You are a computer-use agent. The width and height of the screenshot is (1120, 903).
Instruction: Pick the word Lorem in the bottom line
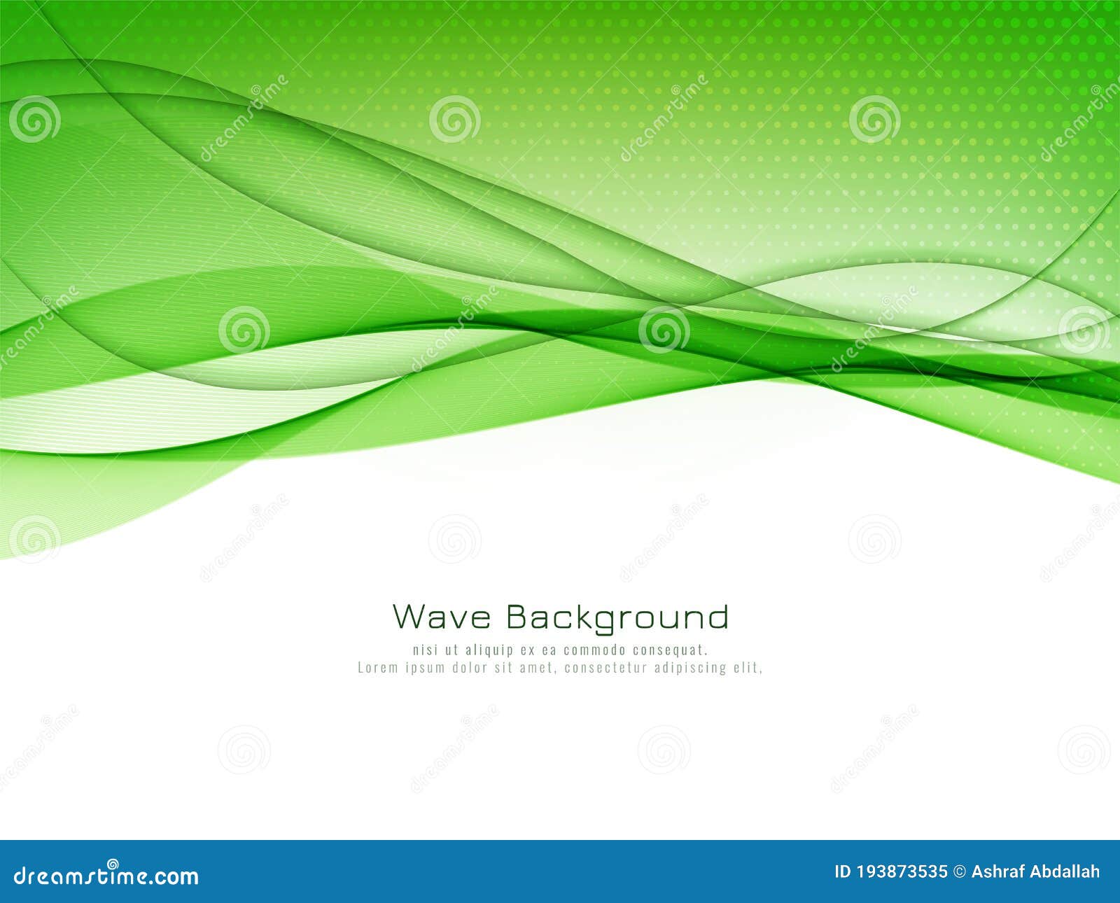(x=377, y=667)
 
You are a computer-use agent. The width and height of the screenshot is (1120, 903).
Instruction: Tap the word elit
(x=748, y=667)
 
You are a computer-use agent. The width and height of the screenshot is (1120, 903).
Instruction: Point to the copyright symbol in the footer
(x=959, y=872)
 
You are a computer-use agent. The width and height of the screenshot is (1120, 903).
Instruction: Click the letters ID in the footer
(x=843, y=872)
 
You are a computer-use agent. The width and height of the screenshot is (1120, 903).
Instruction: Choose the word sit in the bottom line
(x=505, y=667)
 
